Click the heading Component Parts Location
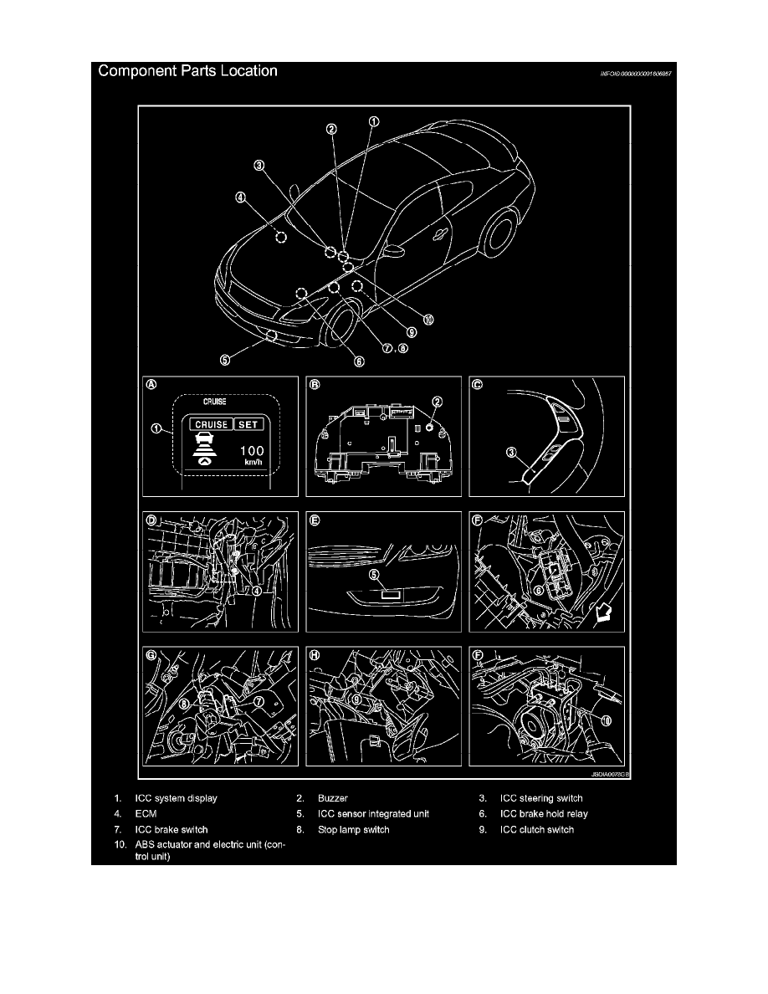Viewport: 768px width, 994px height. (188, 71)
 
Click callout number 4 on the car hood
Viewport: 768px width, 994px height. (240, 199)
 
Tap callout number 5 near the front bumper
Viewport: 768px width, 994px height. (224, 361)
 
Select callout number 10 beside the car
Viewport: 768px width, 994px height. (428, 319)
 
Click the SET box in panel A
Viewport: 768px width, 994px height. (248, 424)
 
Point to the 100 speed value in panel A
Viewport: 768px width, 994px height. (250, 452)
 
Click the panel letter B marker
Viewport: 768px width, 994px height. (315, 386)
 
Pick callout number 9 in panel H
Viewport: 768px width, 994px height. (356, 696)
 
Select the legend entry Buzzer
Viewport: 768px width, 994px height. (333, 798)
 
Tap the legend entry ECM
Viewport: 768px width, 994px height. (146, 813)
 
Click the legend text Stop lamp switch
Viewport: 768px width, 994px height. (354, 830)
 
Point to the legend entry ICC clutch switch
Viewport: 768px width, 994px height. (536, 830)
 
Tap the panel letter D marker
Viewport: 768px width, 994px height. (152, 520)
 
